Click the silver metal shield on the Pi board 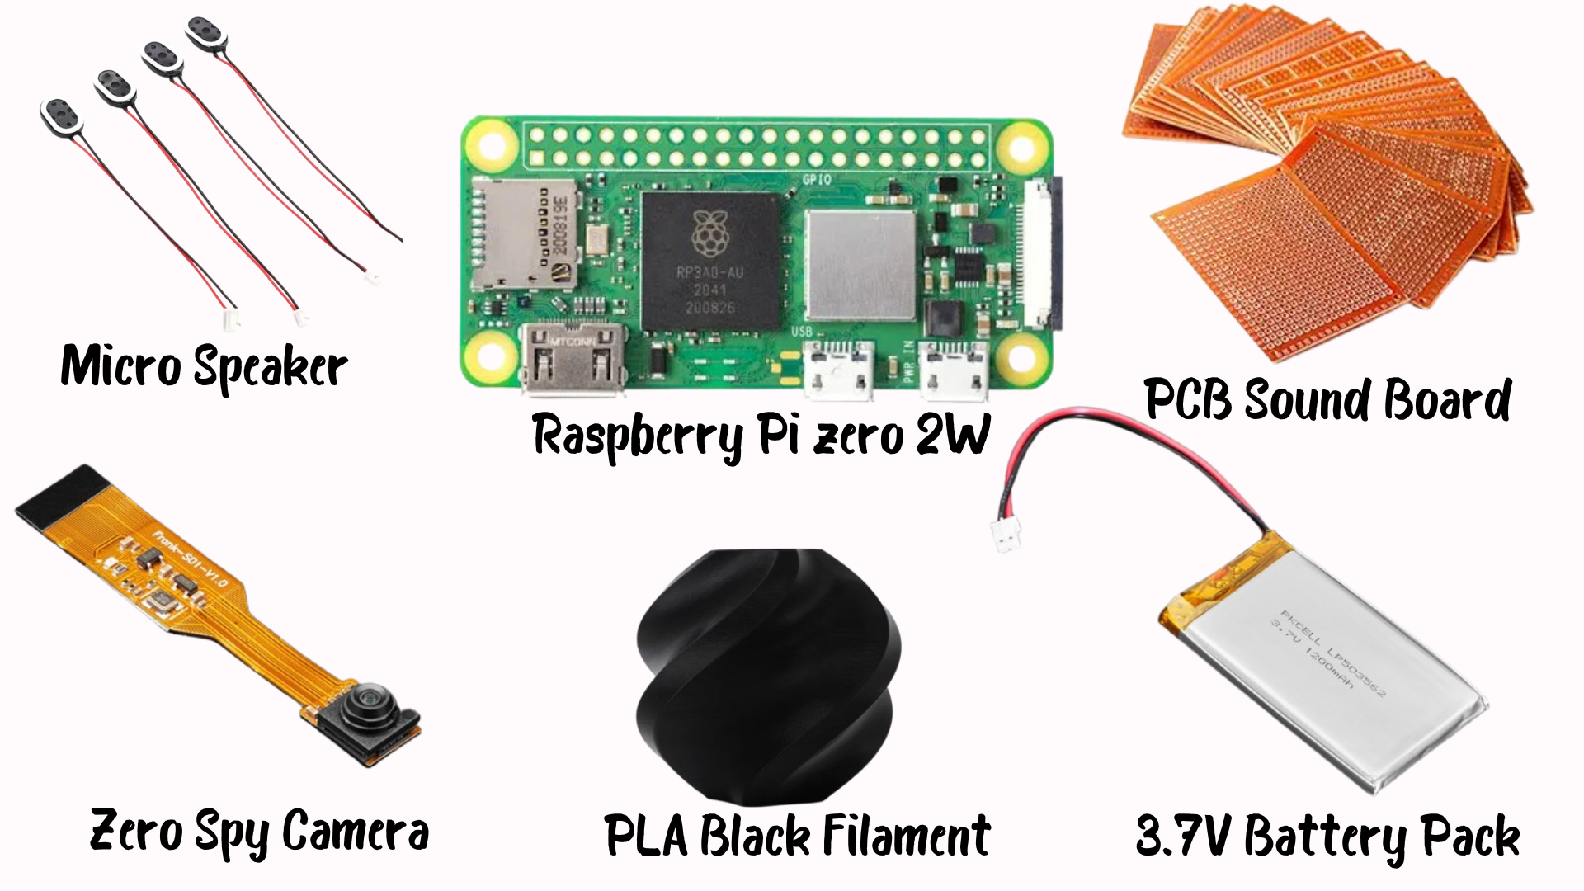(x=860, y=264)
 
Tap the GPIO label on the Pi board (x=817, y=179)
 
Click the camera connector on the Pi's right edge (x=1042, y=252)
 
